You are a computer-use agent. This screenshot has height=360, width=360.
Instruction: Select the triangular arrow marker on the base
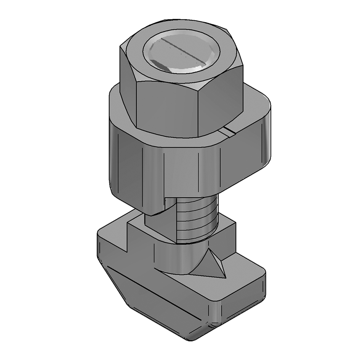click(213, 265)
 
